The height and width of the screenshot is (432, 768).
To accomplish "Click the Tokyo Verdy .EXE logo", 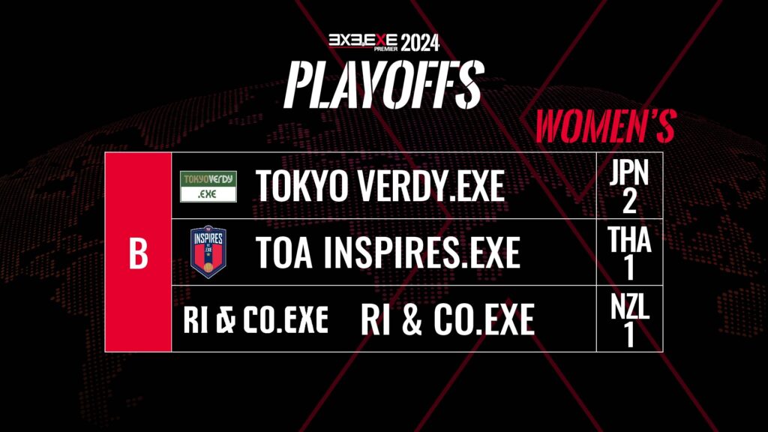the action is point(208,186).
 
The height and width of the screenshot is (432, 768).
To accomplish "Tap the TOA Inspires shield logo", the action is point(208,252).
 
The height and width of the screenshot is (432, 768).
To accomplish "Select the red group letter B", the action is point(138,253).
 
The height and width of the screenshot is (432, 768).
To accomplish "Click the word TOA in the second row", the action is point(284,253).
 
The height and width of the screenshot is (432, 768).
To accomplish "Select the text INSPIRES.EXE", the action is point(421,253).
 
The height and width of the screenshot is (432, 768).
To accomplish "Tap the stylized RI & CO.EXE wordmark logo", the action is point(256,319).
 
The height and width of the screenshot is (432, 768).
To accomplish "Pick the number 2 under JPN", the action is point(629,200).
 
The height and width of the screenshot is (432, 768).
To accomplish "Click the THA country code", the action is point(629,239).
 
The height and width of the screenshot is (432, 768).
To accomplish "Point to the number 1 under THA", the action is point(629,268).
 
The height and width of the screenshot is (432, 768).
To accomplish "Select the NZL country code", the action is point(629,307).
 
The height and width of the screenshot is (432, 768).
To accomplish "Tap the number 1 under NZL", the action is point(629,335).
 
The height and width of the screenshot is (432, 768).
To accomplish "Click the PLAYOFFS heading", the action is point(385,84).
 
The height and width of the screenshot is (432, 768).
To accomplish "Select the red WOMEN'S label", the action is point(606,126).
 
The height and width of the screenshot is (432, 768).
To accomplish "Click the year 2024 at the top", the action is point(420,43).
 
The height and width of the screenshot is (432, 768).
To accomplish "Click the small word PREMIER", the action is point(386,49).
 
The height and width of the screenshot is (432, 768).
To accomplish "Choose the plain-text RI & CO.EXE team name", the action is point(447,319).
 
